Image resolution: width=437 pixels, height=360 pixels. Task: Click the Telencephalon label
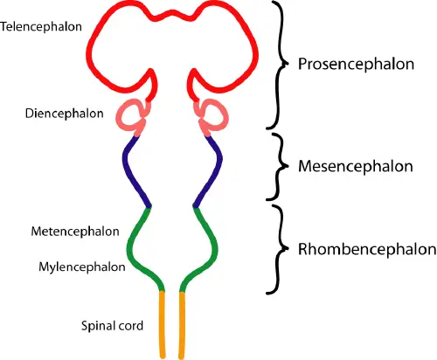tap(42, 26)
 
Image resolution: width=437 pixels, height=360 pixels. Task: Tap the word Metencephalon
tap(76, 232)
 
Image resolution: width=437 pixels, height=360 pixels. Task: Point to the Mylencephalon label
tap(81, 266)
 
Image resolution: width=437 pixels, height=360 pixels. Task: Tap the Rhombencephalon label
tap(367, 249)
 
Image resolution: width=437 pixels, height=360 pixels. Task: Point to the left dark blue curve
tap(130, 170)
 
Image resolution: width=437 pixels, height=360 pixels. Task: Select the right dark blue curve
tap(213, 170)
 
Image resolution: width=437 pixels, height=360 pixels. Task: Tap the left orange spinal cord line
tap(163, 323)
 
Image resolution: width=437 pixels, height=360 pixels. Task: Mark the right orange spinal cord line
tap(182, 323)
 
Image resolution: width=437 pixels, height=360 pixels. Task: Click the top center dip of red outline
tap(172, 17)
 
